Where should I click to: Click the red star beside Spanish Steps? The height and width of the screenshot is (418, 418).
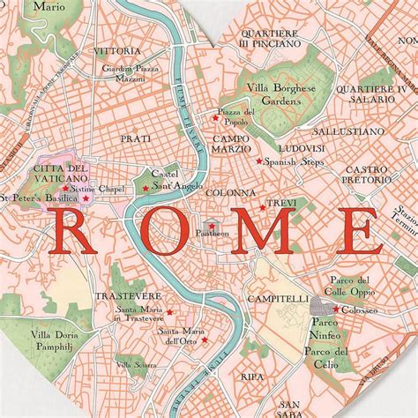pyautogui.click(x=258, y=160)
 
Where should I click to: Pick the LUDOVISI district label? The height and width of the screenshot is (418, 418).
pyautogui.click(x=298, y=148)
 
